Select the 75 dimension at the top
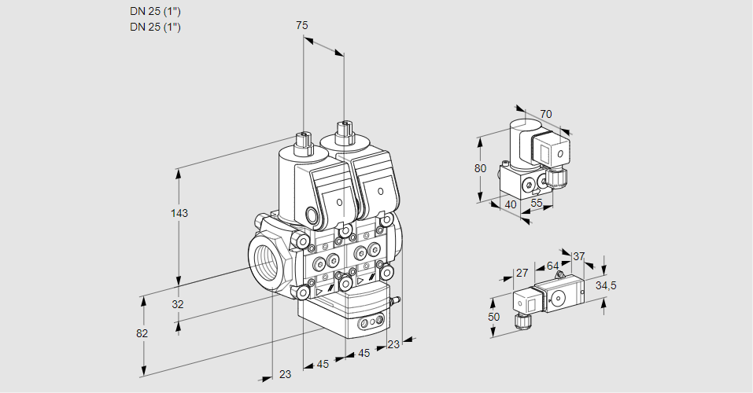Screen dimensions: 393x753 coord(302,26)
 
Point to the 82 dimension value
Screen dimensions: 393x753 coord(142,333)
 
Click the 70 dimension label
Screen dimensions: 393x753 coord(546,114)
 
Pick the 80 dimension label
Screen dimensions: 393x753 coord(481,168)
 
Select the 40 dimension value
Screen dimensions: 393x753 coord(510,205)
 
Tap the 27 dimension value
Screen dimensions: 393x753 coord(521,273)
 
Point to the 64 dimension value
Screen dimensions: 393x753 coord(552,266)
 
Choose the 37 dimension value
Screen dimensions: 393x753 coord(579,256)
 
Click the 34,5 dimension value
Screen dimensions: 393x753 coord(606,285)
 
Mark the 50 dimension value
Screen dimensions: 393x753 coord(493,317)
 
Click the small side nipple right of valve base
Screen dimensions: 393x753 coord(397,300)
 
